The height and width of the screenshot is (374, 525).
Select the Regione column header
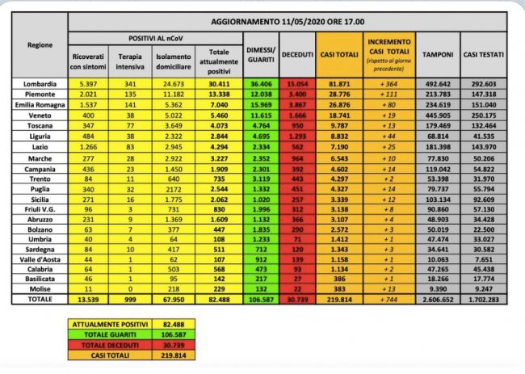pos(41,46)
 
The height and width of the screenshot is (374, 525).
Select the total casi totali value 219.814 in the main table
pos(338,299)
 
